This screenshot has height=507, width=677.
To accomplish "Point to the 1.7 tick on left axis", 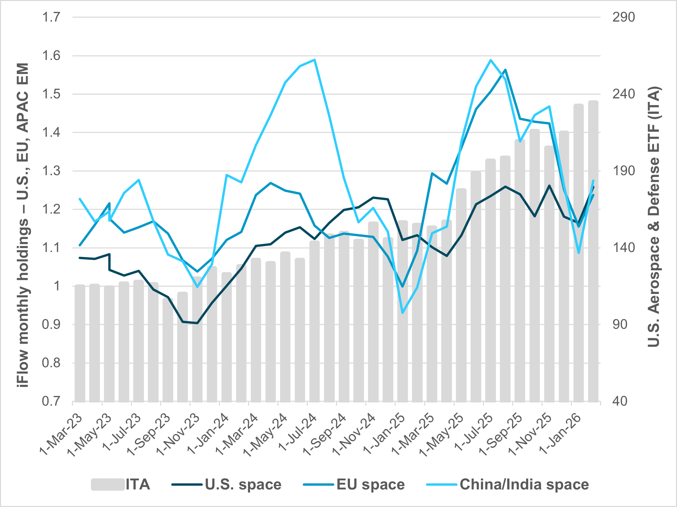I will (51, 17).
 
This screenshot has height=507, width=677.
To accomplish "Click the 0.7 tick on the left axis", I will (51, 401).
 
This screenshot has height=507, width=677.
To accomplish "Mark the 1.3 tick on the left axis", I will (51, 171).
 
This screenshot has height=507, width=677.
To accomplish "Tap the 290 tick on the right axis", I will (623, 17).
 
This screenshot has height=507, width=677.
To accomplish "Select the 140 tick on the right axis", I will (623, 248).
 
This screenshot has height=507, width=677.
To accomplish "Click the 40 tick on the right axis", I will (620, 401).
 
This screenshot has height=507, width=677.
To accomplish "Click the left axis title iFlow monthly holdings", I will (23, 225).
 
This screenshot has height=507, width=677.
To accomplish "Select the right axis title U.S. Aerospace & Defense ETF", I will (653, 216).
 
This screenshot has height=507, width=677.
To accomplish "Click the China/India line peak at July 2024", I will (315, 60).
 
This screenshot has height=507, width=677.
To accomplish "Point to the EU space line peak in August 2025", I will (506, 70).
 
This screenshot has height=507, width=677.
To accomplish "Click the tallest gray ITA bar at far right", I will (593, 250).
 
